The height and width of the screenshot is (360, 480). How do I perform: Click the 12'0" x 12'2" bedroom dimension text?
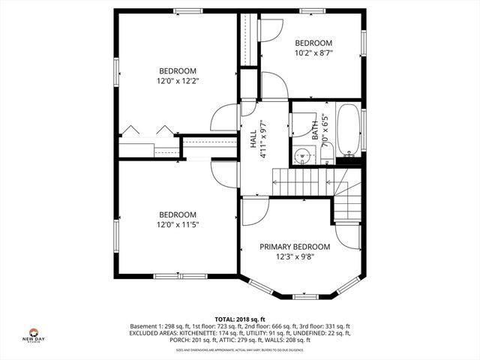coord(178,80)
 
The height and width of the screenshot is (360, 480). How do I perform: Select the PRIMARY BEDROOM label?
coord(295,247)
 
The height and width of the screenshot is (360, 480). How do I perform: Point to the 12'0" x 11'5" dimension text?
coord(178,224)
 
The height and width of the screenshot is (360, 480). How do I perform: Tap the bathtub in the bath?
coord(349,130)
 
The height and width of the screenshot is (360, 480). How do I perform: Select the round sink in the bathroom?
coord(302,156)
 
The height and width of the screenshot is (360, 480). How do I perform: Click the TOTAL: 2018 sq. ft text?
coord(240,319)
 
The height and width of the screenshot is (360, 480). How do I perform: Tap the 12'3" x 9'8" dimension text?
coord(295,257)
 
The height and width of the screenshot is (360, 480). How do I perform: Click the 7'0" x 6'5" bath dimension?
coord(324,130)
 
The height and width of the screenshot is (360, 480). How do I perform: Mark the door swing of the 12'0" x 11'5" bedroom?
coord(223,175)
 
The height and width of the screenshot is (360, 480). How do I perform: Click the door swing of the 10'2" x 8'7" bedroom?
coord(270,30)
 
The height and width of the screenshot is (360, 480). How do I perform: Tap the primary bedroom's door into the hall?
coord(252,212)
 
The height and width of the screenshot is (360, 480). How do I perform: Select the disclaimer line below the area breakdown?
coord(240,349)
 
